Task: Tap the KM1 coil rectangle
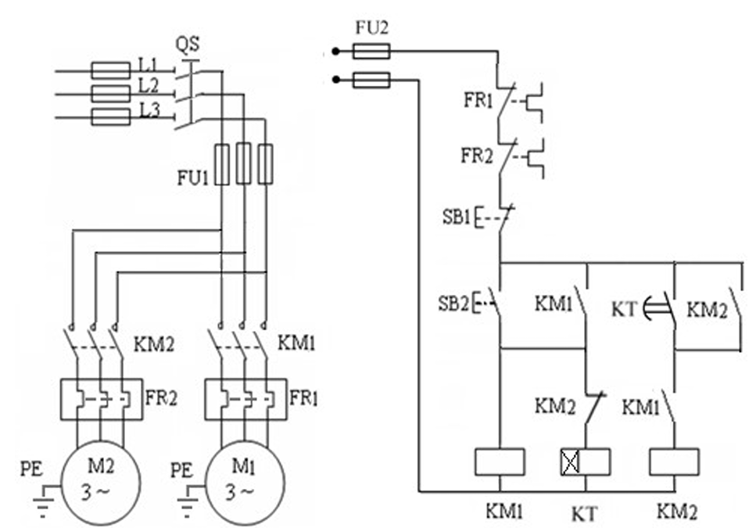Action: [500, 462]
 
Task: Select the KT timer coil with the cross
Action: [586, 462]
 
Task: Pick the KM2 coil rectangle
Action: [674, 462]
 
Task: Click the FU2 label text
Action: [371, 27]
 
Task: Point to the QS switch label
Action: [187, 45]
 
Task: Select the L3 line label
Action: [149, 111]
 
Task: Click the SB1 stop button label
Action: [456, 217]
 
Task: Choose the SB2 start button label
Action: [453, 304]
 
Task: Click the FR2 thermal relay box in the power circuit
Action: [102, 399]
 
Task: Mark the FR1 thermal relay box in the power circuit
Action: [246, 399]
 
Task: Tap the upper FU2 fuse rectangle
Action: [371, 51]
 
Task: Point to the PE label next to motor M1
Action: [181, 470]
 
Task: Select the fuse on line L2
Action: [110, 94]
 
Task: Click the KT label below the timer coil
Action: [584, 514]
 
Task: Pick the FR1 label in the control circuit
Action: [478, 100]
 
